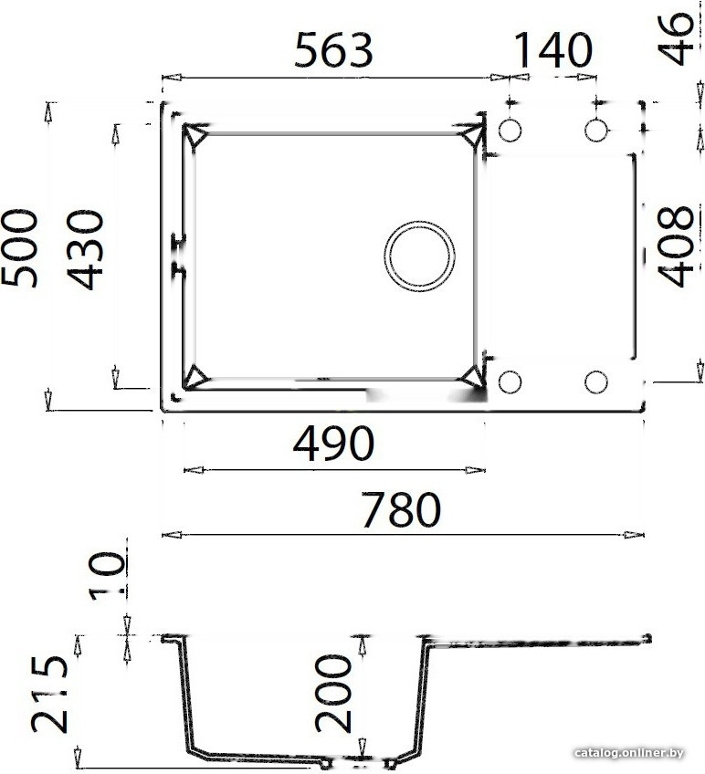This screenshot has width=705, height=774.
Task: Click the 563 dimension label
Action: [x=333, y=51]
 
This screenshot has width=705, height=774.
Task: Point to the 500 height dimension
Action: [x=20, y=248]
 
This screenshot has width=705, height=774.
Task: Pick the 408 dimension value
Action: [x=677, y=246]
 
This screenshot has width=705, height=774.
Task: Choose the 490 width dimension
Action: [x=333, y=445]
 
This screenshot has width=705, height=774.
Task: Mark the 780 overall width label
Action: [x=401, y=510]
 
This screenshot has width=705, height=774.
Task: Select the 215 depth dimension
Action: [x=50, y=695]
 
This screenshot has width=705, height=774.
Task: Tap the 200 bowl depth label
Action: [x=333, y=695]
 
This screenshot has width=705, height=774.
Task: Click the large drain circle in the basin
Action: [x=418, y=256]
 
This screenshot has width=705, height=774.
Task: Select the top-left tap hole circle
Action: [x=510, y=131]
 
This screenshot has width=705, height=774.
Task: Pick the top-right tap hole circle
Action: [x=595, y=131]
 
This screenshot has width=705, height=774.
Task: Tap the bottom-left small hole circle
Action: [x=510, y=382]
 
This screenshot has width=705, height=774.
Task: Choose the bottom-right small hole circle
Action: [x=595, y=382]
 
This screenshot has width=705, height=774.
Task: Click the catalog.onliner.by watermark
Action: [x=629, y=753]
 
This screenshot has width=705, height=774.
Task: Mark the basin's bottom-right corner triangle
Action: [x=472, y=377]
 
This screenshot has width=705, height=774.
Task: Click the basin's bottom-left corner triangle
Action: [x=195, y=377]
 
